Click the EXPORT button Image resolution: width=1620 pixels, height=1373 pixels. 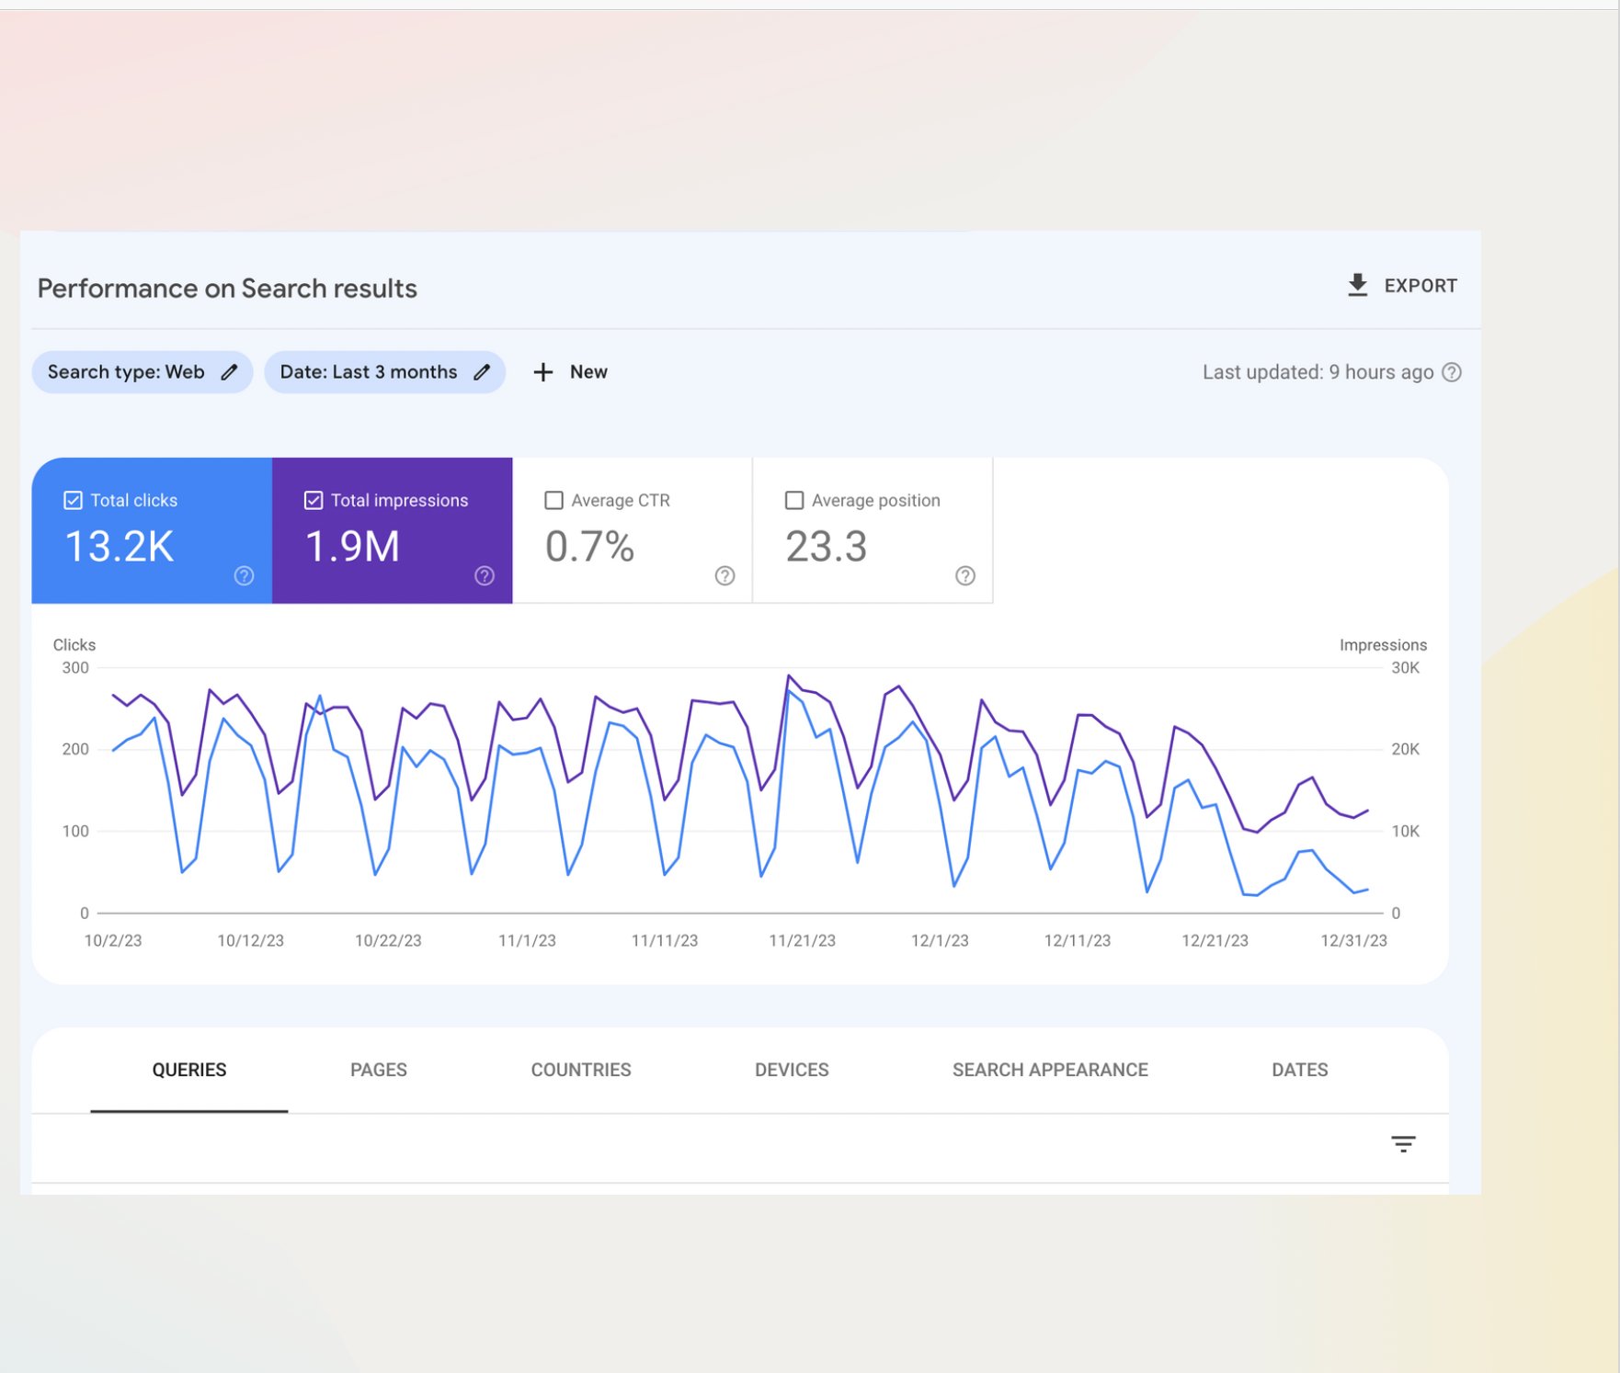(x=1402, y=286)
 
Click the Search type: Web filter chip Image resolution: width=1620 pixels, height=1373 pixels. (x=142, y=372)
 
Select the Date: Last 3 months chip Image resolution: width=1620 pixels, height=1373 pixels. (x=384, y=372)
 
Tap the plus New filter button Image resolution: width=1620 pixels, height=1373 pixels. (x=570, y=372)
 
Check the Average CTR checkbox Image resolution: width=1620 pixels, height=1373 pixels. (x=553, y=500)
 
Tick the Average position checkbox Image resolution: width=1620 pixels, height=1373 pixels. (x=794, y=500)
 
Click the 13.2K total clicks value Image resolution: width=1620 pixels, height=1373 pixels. (x=120, y=547)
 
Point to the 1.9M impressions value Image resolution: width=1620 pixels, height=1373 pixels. (x=352, y=547)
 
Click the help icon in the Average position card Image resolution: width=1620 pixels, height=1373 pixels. (x=964, y=576)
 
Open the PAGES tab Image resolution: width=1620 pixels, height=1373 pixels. (x=378, y=1070)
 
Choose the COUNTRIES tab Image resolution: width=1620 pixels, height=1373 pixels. (x=580, y=1070)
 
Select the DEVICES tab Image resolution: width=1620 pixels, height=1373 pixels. (x=791, y=1070)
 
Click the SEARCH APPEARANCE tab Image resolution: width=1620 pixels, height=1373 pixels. (x=1050, y=1070)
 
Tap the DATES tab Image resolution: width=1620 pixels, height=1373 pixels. (x=1299, y=1070)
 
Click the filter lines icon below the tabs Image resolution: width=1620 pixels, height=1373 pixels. (x=1402, y=1144)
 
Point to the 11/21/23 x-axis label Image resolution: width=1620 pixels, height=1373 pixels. (x=802, y=940)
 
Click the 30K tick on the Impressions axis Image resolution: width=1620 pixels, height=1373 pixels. (x=1405, y=668)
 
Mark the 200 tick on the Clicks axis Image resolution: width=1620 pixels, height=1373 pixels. (x=75, y=749)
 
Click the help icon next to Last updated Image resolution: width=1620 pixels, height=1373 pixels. (x=1451, y=372)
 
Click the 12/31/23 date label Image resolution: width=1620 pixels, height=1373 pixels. (x=1353, y=940)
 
